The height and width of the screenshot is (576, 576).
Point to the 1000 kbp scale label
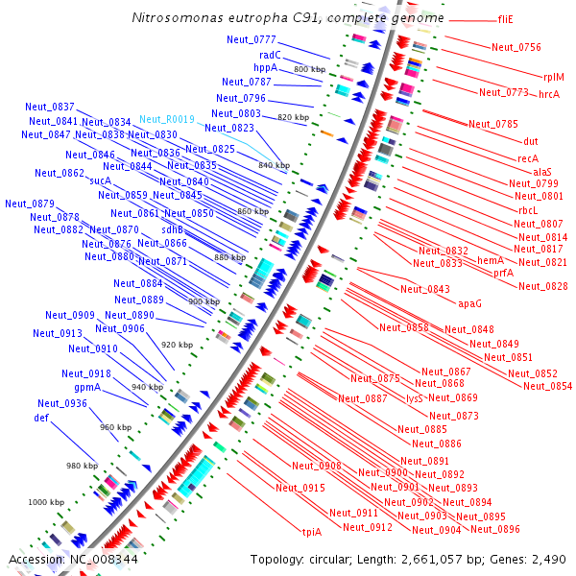45,502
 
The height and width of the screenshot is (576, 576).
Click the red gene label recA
528,157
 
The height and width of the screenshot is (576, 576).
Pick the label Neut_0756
516,47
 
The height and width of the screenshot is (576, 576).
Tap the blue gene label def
41,418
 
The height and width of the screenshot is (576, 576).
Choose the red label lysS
415,397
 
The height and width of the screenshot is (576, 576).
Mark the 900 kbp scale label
204,301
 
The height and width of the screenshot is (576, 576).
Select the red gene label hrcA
549,93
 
